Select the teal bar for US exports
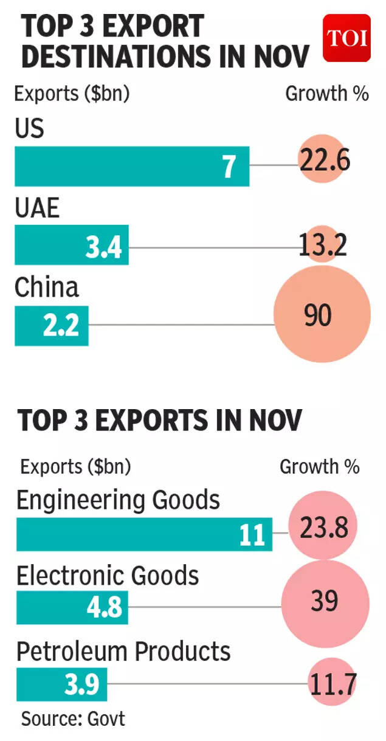click(132, 166)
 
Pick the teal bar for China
click(52, 326)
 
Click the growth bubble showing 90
click(322, 316)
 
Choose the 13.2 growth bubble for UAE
click(322, 246)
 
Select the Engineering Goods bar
click(143, 534)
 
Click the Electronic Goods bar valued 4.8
click(72, 607)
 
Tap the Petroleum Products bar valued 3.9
click(61, 684)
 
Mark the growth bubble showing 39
click(325, 602)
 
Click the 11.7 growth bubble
click(331, 684)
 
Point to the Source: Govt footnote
click(73, 719)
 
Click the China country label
click(47, 287)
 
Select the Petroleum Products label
click(123, 651)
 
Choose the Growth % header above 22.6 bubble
click(326, 94)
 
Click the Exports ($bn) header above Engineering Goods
click(75, 467)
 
